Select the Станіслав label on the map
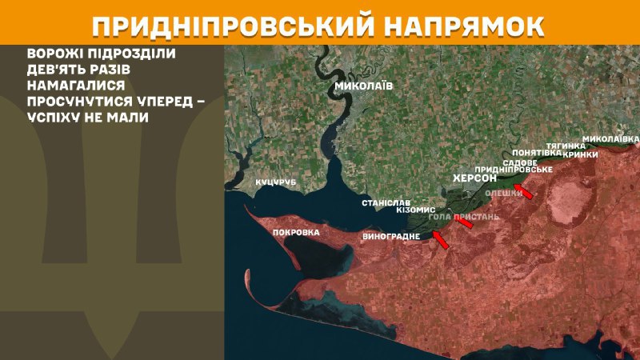pyautogui.click(x=386, y=203)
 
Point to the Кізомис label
pyautogui.click(x=415, y=210)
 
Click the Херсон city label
pyautogui.click(x=475, y=178)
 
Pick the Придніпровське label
pyautogui.click(x=514, y=170)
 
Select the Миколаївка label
pyautogui.click(x=610, y=138)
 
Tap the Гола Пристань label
pyautogui.click(x=463, y=217)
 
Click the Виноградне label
pyautogui.click(x=391, y=236)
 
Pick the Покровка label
pyautogui.click(x=296, y=233)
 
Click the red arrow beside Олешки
pyautogui.click(x=523, y=190)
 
